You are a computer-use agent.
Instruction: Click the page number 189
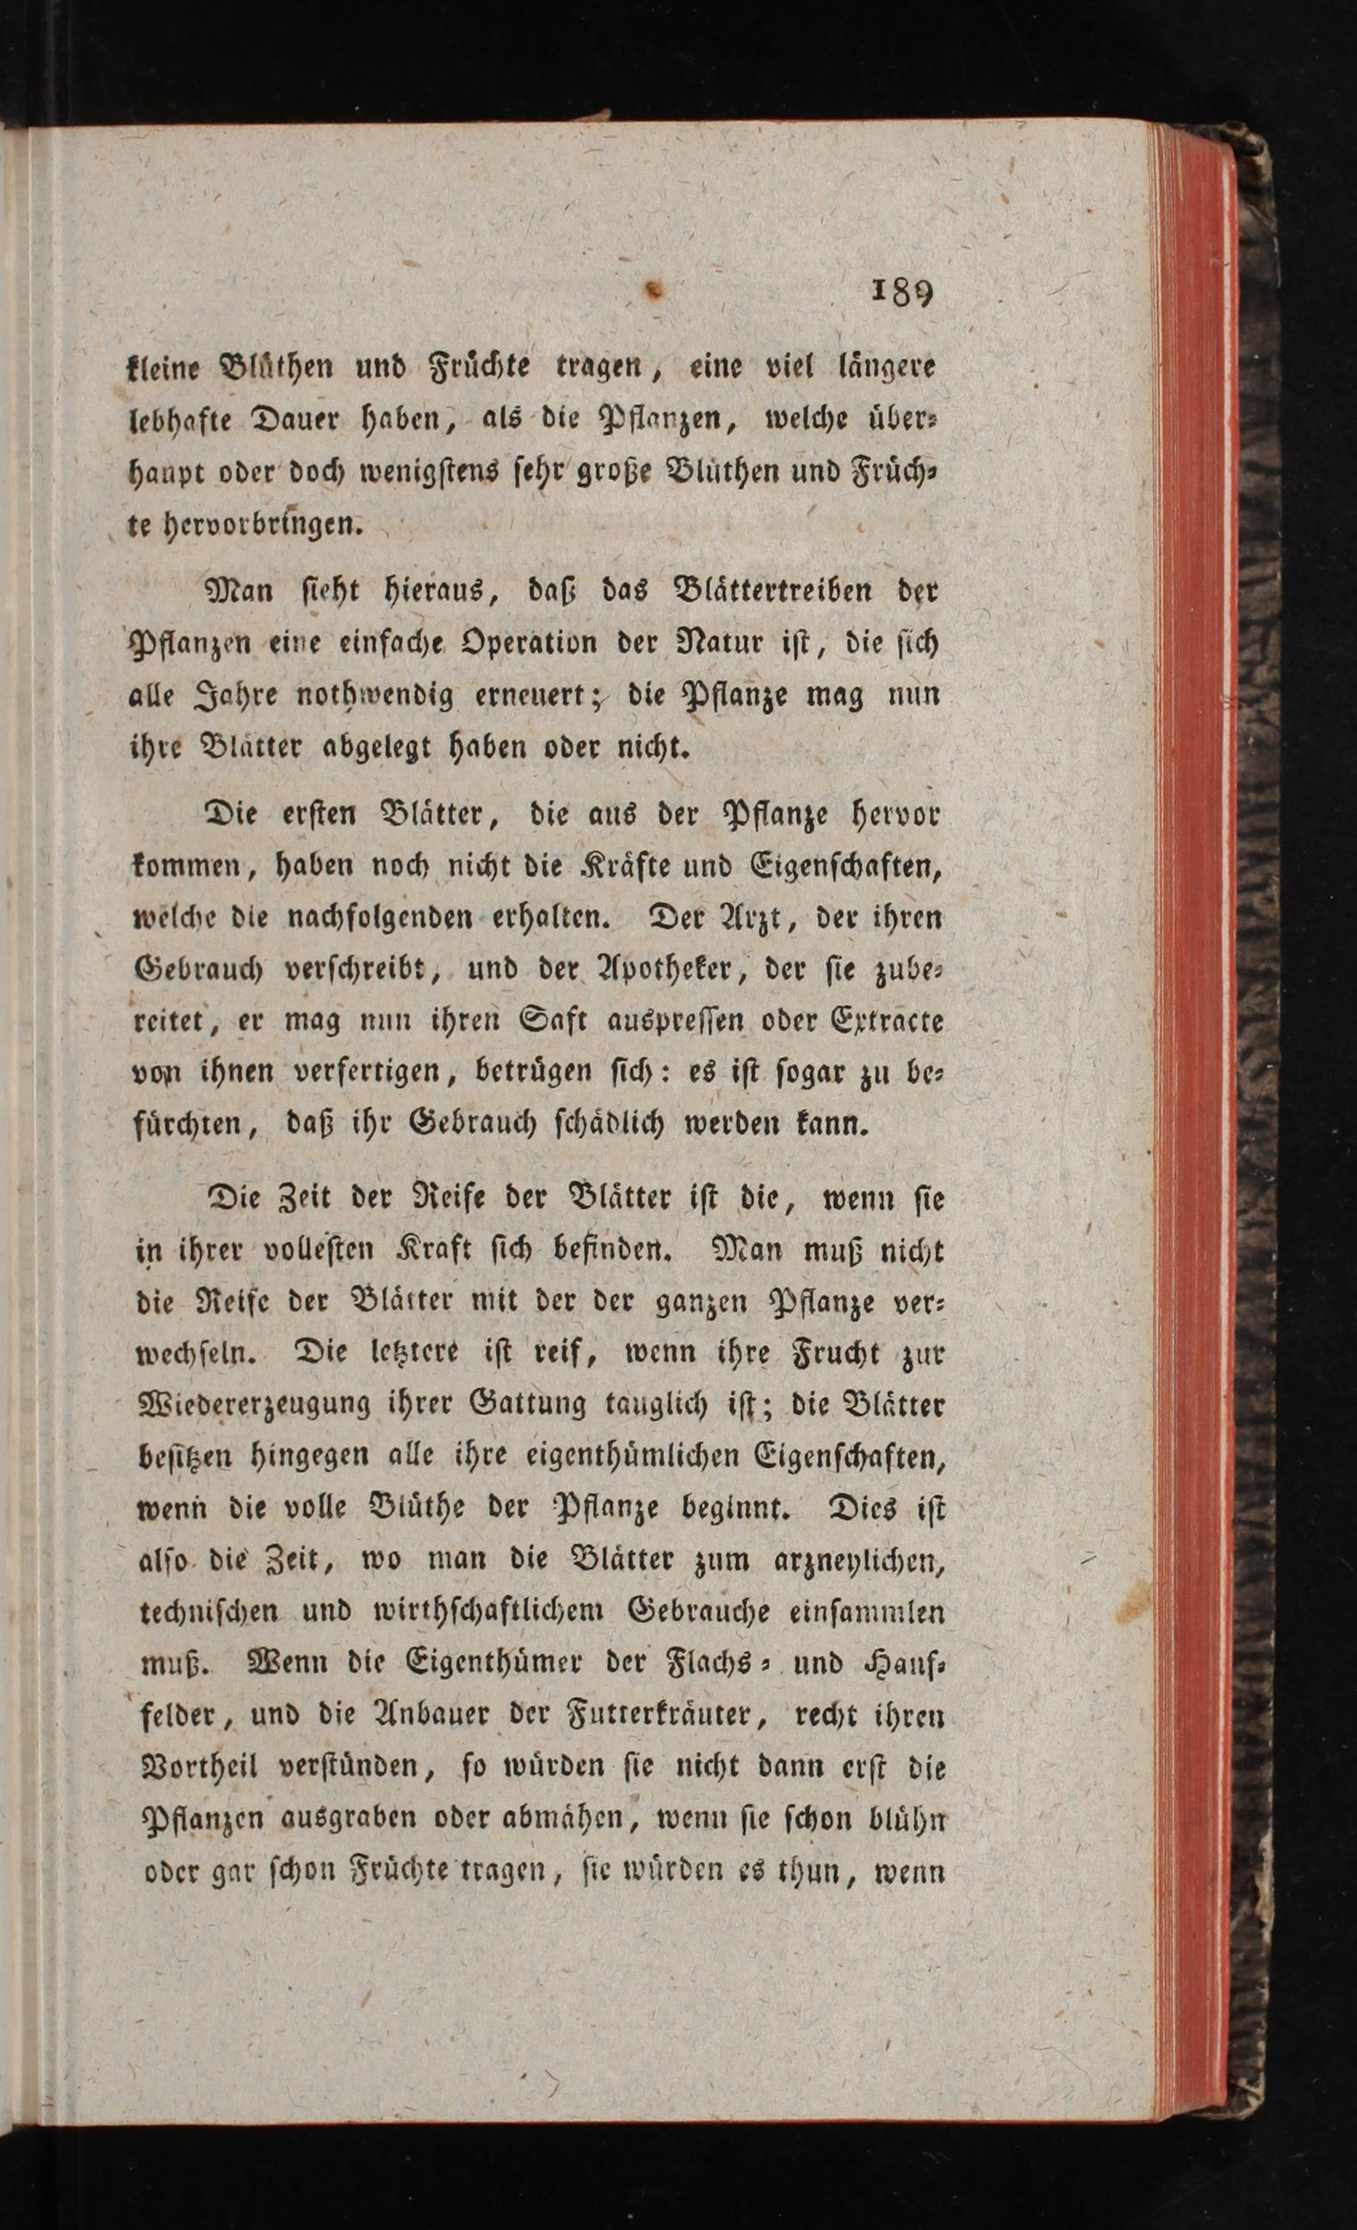[x=902, y=291]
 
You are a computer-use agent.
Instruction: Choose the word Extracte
[x=887, y=1022]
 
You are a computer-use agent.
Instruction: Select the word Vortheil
[x=197, y=1767]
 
